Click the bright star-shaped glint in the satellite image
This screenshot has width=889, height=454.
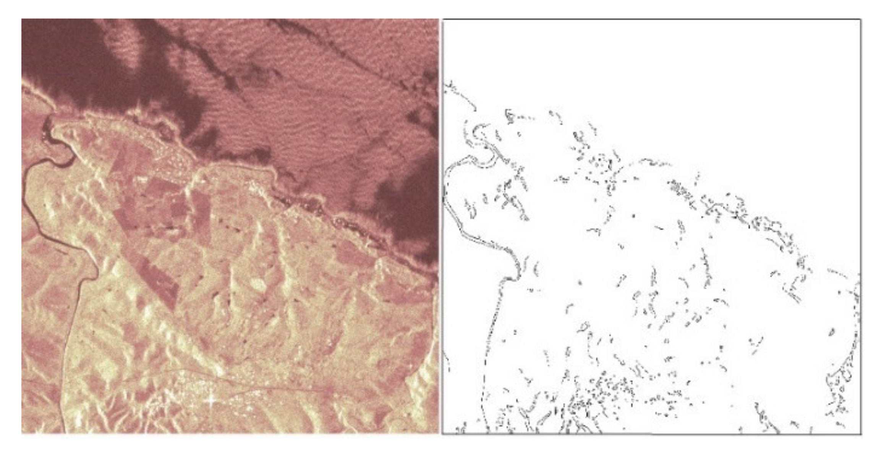click(211, 400)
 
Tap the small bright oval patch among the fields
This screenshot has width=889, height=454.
click(258, 284)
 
